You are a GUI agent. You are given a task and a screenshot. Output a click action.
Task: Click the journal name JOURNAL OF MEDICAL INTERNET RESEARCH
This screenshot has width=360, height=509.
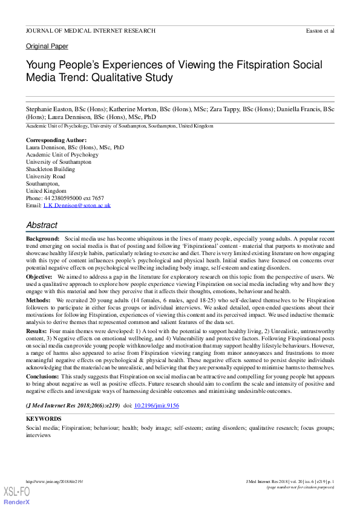[x=90, y=30]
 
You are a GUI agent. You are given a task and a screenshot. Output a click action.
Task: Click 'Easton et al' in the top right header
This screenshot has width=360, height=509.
[x=321, y=30]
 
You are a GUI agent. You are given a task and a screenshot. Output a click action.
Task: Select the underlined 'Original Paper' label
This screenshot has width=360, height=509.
[x=47, y=47]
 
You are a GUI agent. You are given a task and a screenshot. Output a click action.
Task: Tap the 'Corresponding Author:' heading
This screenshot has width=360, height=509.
[x=56, y=140]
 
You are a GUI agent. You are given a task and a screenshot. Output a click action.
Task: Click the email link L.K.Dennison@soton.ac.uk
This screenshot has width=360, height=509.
[x=77, y=206]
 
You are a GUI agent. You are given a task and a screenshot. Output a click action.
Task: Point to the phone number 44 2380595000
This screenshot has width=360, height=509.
[x=67, y=198]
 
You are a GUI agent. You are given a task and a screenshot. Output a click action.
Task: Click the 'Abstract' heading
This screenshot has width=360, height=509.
[x=42, y=225]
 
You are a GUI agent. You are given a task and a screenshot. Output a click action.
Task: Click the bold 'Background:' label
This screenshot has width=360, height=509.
[x=42, y=240]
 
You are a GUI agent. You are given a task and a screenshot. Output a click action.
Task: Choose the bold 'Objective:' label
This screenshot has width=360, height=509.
[x=39, y=276]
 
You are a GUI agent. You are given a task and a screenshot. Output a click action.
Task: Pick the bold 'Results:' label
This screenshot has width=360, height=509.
[x=36, y=331]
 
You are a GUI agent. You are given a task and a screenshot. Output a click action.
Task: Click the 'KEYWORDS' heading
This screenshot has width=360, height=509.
[x=44, y=419]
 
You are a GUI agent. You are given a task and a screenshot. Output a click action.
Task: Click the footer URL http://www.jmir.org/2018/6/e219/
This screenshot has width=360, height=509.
[x=54, y=481]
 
